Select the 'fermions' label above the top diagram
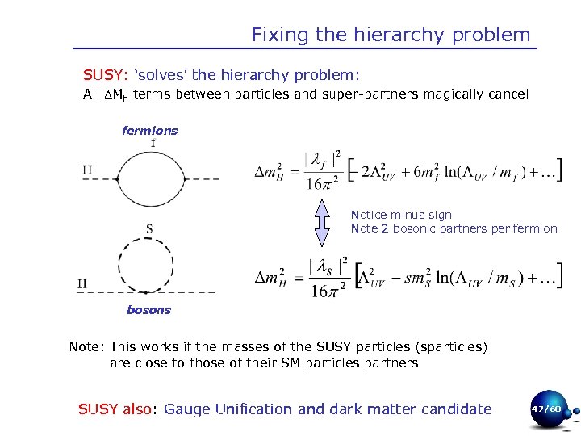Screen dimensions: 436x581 [x=149, y=130]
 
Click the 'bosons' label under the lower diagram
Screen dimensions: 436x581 [x=149, y=309]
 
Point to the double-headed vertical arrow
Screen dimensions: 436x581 [x=322, y=220]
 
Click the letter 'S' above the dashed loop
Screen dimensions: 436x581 [x=149, y=229]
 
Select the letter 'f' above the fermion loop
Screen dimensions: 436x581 [x=153, y=144]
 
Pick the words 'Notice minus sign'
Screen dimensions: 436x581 [x=401, y=215]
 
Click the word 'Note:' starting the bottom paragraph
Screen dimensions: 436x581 [x=87, y=347]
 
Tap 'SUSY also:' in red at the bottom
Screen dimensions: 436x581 [x=118, y=409]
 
